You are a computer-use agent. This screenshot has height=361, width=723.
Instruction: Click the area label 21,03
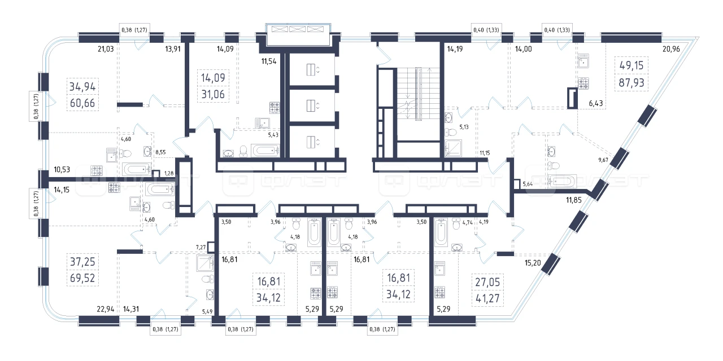[106, 49]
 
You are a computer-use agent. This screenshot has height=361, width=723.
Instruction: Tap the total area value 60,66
[82, 103]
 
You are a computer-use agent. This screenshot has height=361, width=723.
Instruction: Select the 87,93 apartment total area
[631, 83]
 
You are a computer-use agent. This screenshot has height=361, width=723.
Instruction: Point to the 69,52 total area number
[82, 278]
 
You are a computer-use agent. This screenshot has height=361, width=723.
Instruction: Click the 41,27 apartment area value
[487, 298]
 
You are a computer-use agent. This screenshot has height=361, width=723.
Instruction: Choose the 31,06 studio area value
[213, 94]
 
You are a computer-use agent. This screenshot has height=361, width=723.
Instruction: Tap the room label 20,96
[671, 49]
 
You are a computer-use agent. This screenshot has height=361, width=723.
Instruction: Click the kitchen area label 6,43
[595, 103]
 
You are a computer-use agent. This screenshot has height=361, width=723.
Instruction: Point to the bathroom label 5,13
[464, 127]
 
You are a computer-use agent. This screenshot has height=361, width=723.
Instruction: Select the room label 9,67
[603, 160]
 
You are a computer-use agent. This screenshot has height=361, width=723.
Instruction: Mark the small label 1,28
[169, 173]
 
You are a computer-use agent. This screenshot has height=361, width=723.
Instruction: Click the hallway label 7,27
[201, 248]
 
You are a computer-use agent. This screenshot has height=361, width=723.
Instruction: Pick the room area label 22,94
[106, 309]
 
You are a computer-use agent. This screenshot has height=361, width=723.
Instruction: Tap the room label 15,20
[533, 263]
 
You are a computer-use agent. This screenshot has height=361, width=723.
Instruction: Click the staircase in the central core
[419, 94]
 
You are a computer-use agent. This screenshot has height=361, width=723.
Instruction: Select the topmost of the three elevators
[312, 69]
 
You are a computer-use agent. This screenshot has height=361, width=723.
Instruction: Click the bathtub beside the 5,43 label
[265, 151]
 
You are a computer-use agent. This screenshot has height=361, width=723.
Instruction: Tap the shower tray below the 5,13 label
[453, 148]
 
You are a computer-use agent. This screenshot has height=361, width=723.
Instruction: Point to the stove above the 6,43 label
[583, 83]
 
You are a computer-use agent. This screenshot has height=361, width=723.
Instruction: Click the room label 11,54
[269, 61]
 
